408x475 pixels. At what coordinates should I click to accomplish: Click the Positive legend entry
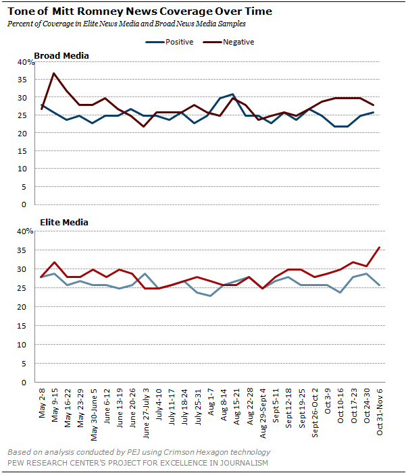(170, 42)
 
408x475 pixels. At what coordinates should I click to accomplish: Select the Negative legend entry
(228, 42)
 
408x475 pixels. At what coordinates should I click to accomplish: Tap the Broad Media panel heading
(61, 56)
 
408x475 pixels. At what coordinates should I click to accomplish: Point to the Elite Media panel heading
(64, 223)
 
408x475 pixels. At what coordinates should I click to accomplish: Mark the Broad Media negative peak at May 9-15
(53, 73)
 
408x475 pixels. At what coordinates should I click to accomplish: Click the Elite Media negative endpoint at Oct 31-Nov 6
(380, 247)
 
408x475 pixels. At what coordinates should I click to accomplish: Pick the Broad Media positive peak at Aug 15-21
(232, 94)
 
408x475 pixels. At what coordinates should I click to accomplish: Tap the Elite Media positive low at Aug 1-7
(211, 296)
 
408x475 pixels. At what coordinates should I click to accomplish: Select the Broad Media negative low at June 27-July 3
(143, 126)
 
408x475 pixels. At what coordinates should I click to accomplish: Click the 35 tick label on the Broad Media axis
(22, 80)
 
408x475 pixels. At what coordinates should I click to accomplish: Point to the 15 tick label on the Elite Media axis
(22, 326)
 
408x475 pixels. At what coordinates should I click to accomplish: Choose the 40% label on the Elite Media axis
(25, 231)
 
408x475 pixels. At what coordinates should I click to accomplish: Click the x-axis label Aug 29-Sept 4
(263, 413)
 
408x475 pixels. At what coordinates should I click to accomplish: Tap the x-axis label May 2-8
(42, 403)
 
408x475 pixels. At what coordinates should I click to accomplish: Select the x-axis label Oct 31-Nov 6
(380, 412)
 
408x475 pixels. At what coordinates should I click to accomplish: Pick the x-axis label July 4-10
(159, 404)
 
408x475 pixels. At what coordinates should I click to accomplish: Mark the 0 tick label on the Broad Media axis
(24, 204)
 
